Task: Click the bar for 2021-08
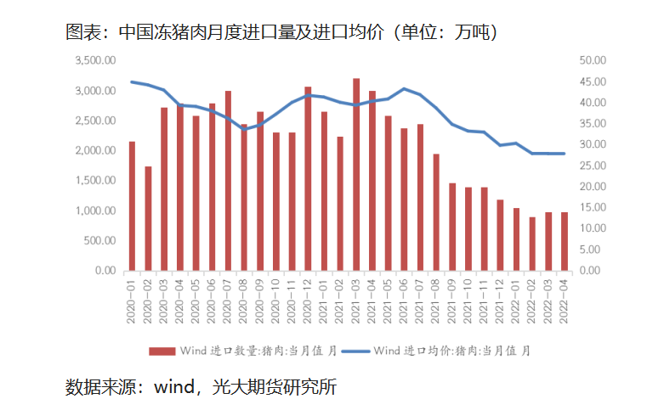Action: [x=436, y=212]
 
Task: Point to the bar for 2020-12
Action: [x=308, y=178]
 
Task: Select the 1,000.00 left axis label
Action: [x=95, y=211]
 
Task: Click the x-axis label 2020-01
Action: [x=133, y=301]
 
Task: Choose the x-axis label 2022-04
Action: [x=565, y=301]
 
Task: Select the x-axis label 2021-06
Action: [x=405, y=301]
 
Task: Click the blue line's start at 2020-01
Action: [x=132, y=81]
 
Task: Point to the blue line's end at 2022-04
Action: [x=565, y=154]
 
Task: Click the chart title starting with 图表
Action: [x=281, y=32]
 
